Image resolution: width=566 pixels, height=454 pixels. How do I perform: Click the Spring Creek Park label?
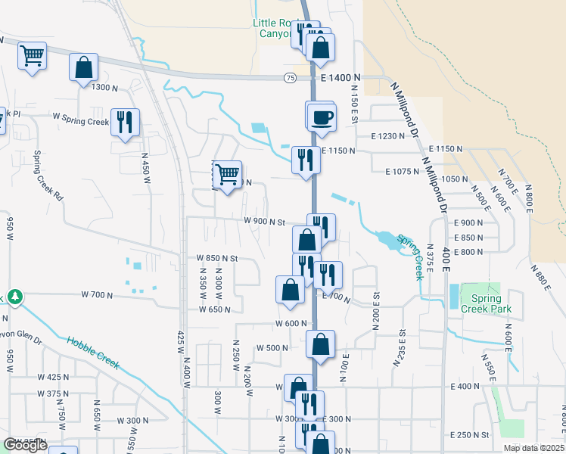point(487,303)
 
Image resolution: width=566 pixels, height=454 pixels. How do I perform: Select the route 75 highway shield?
point(291,78)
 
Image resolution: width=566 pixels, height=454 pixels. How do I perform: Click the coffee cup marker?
point(322,118)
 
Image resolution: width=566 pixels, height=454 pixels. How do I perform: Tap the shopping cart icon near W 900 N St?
point(227,176)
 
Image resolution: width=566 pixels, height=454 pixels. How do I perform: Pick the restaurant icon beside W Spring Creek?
point(125,122)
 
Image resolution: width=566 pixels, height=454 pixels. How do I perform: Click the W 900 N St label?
point(263,222)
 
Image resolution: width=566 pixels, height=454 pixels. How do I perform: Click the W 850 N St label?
point(217,258)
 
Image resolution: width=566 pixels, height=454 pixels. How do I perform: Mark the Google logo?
point(25,445)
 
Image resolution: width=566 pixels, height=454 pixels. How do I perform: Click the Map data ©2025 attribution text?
point(534,448)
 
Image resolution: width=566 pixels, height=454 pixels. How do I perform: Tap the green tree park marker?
point(14,296)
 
